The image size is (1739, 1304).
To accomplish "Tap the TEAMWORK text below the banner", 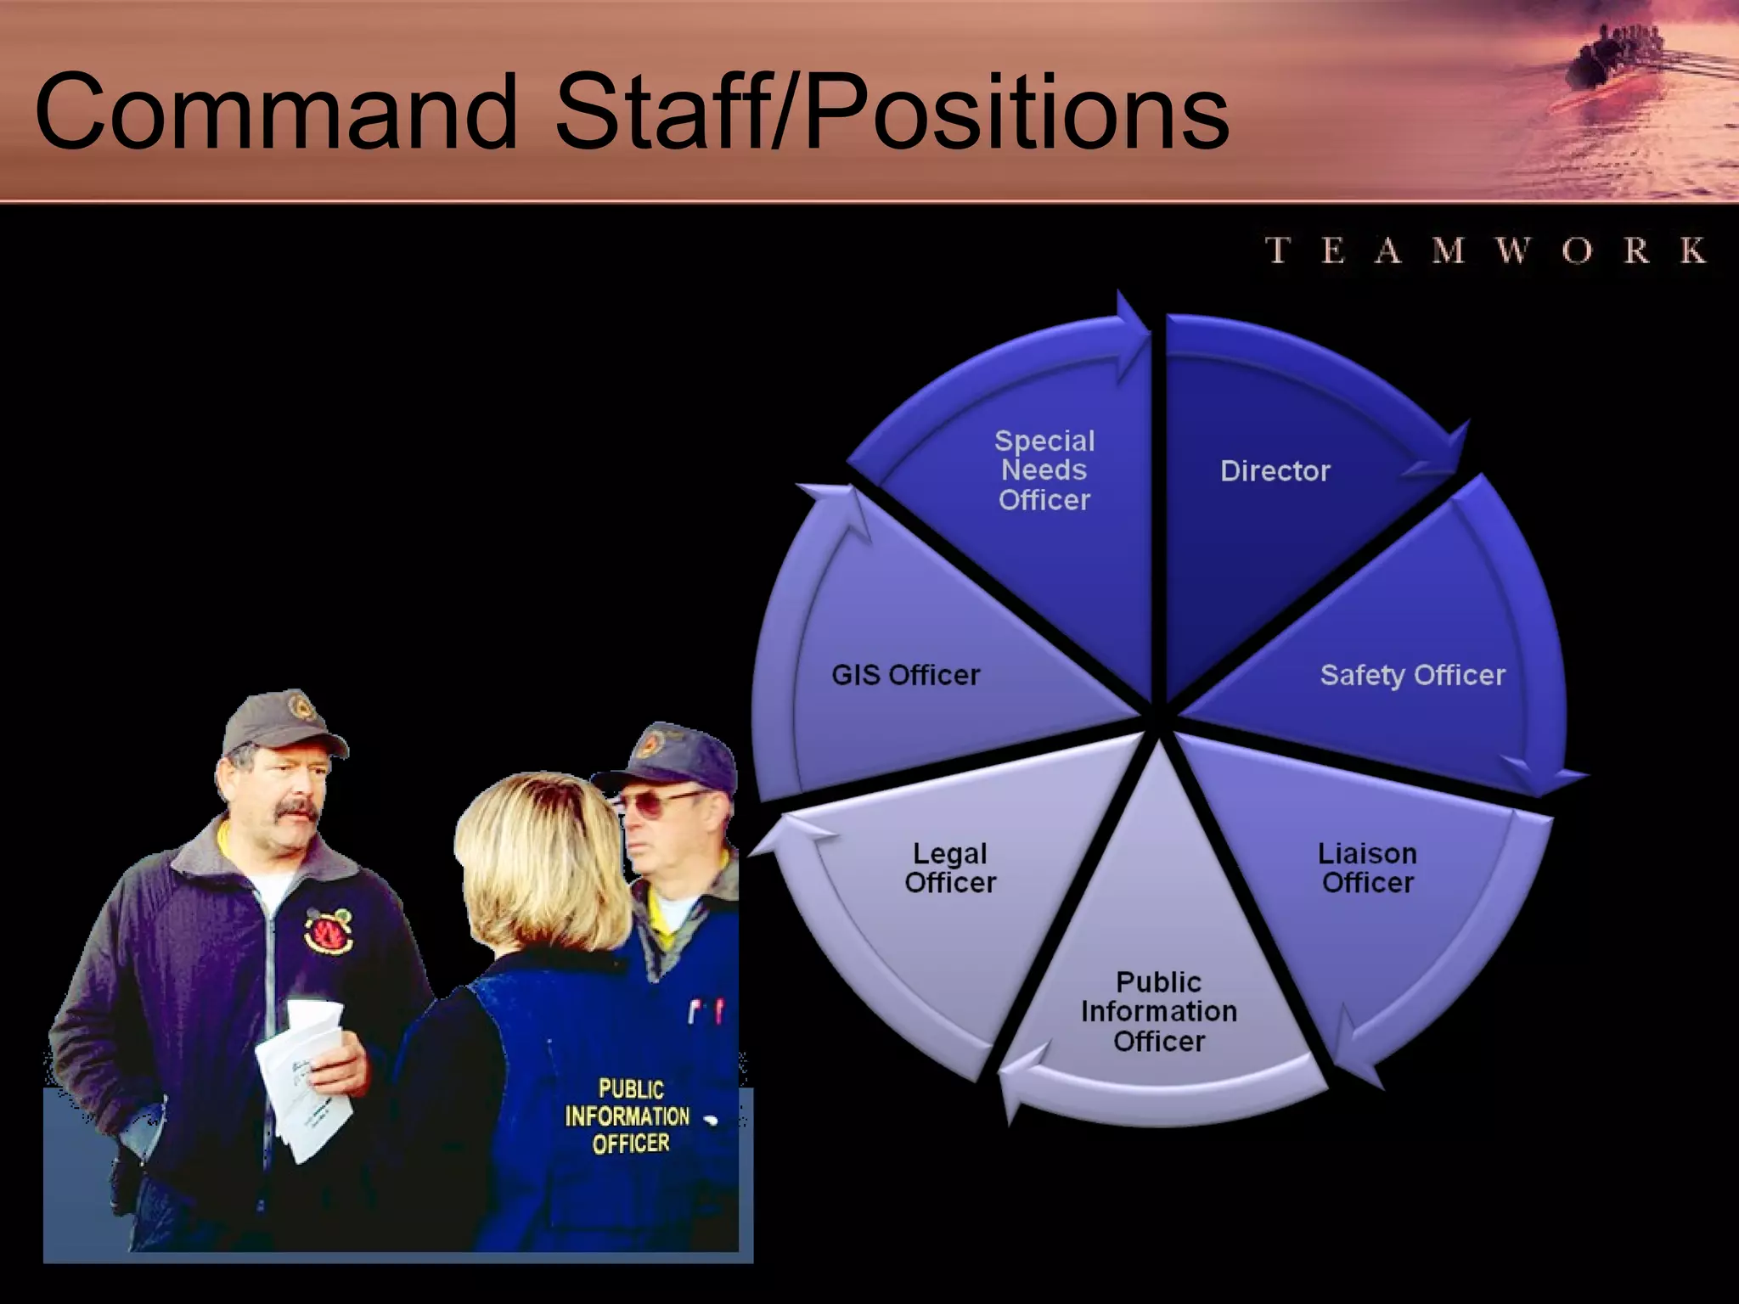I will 1486,250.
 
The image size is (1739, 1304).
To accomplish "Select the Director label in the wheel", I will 1275,471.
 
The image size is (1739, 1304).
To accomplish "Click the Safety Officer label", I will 1412,675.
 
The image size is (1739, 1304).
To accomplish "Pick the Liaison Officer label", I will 1367,868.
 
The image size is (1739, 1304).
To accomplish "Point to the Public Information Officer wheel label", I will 1159,1011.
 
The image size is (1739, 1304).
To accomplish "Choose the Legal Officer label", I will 950,868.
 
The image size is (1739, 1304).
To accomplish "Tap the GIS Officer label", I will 905,675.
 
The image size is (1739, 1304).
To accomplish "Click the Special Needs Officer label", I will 1044,470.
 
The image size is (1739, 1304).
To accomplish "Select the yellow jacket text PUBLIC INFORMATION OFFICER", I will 629,1116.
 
